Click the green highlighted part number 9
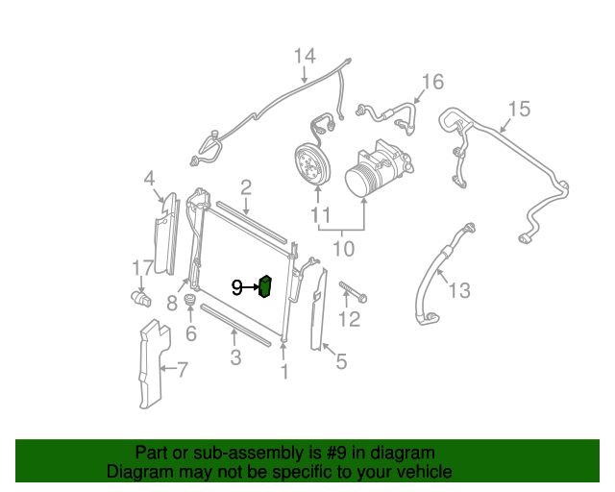[265, 286]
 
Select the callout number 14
[304, 56]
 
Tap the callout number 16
[433, 82]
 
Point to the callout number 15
[518, 109]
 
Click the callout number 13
[459, 289]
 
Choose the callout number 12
[350, 319]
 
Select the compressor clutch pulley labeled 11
[310, 164]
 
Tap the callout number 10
[343, 249]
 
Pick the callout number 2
[246, 186]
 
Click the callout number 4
[149, 178]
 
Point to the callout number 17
[142, 267]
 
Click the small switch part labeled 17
[142, 298]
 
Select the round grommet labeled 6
[190, 308]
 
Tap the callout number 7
[183, 368]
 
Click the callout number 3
[234, 358]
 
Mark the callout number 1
[283, 371]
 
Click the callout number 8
[171, 304]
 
